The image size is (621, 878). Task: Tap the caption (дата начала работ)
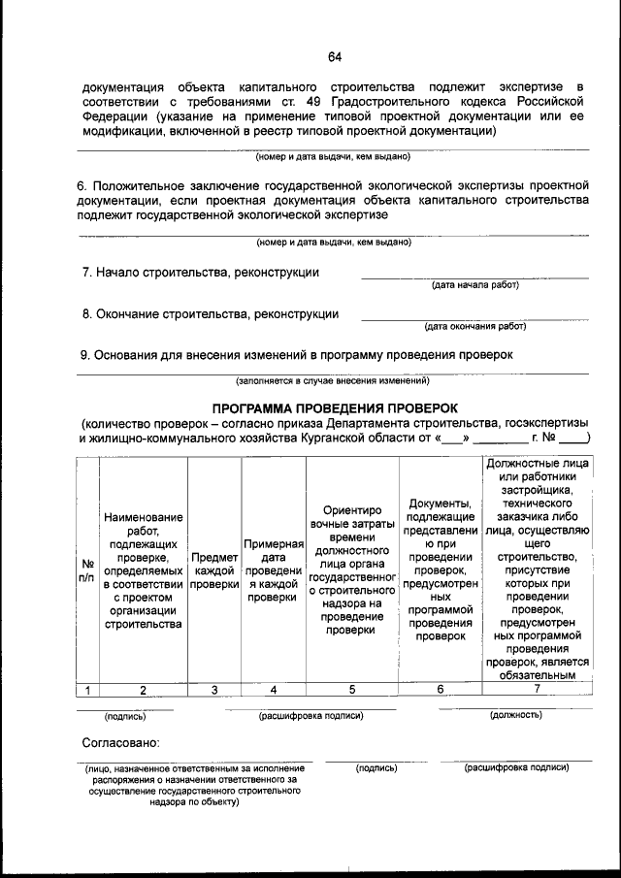[x=474, y=285]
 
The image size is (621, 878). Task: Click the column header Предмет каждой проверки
[x=214, y=570]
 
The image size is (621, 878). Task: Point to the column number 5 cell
[x=351, y=690]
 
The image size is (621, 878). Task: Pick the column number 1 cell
[x=87, y=690]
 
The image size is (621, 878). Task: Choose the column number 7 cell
[x=537, y=690]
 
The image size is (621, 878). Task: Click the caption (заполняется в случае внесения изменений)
[x=333, y=381]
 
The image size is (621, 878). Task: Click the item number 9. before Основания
[x=86, y=355]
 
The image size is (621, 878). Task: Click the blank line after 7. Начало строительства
[x=474, y=276]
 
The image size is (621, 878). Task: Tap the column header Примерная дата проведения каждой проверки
[x=273, y=570]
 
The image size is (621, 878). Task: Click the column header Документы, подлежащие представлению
[x=441, y=569]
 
